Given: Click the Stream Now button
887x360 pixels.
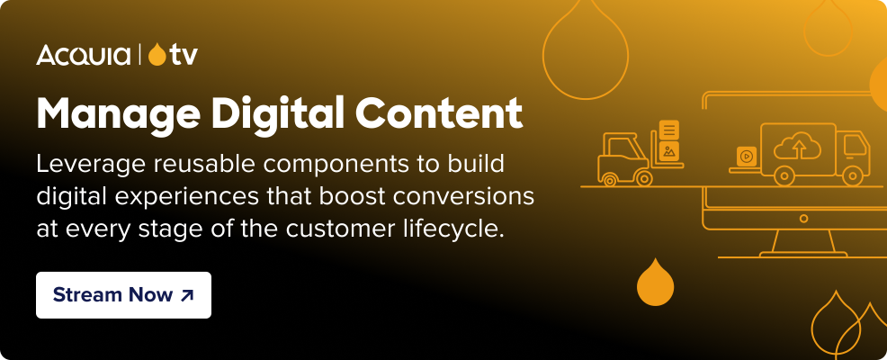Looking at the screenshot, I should click(x=123, y=295).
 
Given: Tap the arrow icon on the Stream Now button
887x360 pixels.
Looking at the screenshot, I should click(x=186, y=295).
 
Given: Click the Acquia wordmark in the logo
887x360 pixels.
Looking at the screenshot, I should click(x=85, y=56).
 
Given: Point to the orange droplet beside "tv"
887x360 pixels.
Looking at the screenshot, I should click(x=157, y=55).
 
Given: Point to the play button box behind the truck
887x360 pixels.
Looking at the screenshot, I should click(x=746, y=156).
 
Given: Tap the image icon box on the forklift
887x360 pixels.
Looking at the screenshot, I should click(x=668, y=152).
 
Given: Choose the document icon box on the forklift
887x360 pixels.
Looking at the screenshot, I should click(x=669, y=130).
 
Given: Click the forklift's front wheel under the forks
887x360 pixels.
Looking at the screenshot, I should click(x=644, y=177).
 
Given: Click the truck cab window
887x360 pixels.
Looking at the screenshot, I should click(x=854, y=143).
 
